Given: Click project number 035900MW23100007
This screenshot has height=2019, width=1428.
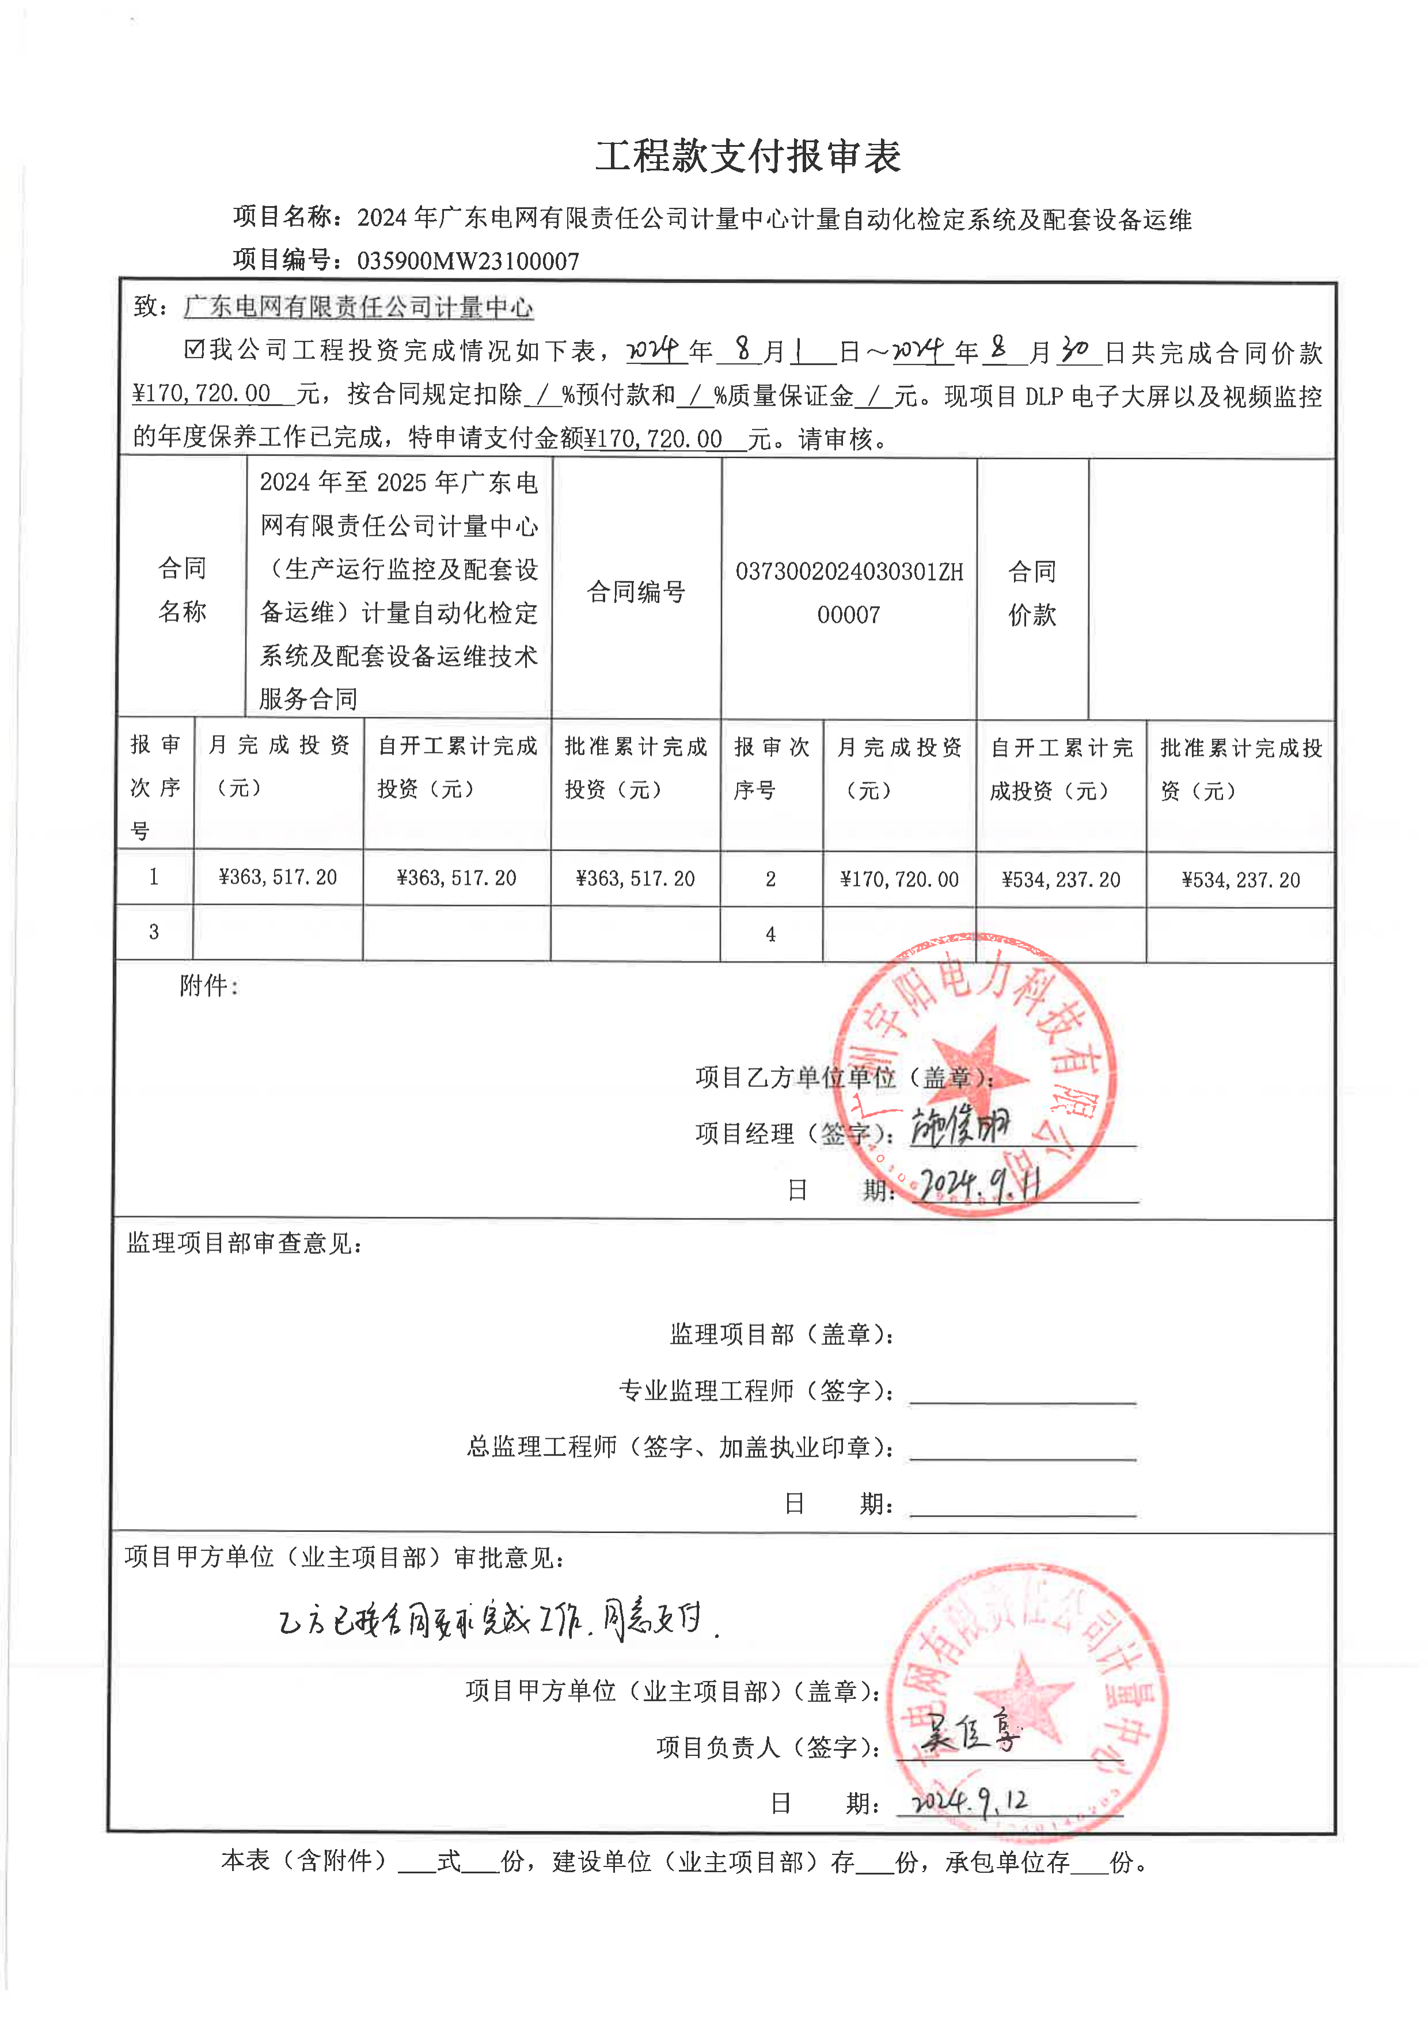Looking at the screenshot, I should (x=468, y=261).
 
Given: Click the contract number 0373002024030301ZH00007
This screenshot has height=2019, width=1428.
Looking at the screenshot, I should (x=849, y=592).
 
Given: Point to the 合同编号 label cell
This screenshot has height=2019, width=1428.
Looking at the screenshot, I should (x=636, y=592).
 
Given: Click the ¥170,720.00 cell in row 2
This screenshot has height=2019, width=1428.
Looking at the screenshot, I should (x=899, y=879).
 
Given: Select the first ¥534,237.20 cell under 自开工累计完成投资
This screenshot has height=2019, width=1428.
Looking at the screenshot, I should (x=1061, y=879).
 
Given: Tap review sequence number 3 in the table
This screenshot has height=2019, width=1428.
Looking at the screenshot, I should (x=154, y=932).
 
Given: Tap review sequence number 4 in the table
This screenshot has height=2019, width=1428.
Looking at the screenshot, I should (x=770, y=934).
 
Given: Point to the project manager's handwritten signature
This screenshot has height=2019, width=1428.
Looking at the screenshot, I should (x=960, y=1127).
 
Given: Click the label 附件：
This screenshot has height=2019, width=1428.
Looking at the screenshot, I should (x=208, y=986).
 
